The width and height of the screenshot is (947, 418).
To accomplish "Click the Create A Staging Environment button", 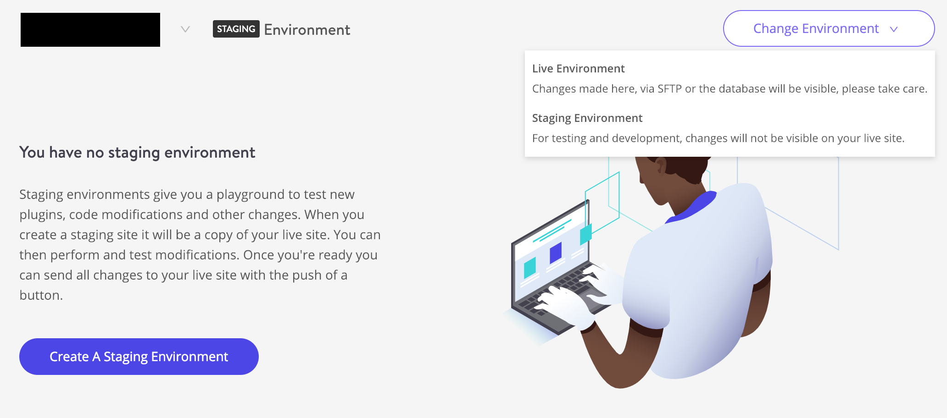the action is click(139, 357).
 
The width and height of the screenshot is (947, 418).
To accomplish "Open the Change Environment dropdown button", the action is click(829, 28).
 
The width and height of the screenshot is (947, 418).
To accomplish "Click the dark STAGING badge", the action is click(236, 29).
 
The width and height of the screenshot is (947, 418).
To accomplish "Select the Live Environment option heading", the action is click(578, 69).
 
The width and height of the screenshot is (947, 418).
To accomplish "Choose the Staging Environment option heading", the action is click(587, 118).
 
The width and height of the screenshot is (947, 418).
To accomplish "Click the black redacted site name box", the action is click(90, 30).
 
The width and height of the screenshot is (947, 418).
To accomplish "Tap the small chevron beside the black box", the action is click(185, 29).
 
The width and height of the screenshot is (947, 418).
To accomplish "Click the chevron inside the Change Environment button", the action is click(894, 29).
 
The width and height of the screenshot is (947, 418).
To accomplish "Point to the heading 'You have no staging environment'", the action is click(137, 153).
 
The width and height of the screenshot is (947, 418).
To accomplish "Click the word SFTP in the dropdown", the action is click(669, 89).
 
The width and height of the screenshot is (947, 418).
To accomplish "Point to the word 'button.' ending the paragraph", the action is click(41, 295).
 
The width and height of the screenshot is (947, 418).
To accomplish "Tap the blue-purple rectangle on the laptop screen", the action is click(556, 253).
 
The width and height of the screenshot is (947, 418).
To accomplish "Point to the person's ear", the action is click(659, 165).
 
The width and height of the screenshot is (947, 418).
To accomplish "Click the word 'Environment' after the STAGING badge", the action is click(307, 30).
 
